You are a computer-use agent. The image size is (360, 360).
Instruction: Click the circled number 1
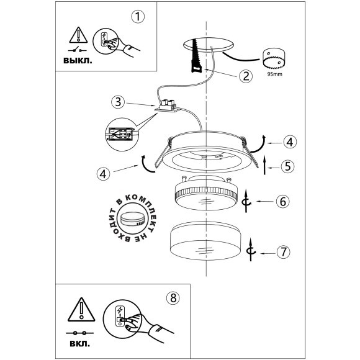click(138, 17)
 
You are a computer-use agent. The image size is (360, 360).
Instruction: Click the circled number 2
click(246, 76)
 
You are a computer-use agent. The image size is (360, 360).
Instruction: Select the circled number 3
click(118, 102)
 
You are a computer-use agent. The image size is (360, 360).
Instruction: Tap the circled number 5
click(287, 166)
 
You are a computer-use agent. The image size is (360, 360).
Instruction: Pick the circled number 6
click(282, 202)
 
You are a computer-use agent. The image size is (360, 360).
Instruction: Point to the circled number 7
click(284, 252)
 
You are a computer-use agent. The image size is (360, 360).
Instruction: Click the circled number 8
click(173, 298)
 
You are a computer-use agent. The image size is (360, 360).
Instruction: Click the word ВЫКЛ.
click(78, 61)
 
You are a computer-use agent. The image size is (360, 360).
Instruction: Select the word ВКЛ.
click(79, 344)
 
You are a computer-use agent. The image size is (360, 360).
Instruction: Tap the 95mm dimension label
click(275, 74)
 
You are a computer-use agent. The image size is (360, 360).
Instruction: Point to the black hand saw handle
click(196, 67)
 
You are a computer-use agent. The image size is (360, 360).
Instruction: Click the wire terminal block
click(167, 106)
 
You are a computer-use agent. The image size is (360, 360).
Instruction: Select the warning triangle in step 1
click(78, 35)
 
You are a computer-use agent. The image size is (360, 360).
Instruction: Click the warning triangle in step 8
click(81, 309)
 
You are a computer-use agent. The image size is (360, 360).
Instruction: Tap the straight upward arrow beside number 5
click(264, 164)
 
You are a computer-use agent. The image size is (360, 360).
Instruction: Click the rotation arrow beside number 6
click(246, 201)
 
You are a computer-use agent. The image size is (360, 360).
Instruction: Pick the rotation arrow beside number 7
click(251, 250)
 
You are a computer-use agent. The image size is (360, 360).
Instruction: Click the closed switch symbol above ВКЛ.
click(79, 333)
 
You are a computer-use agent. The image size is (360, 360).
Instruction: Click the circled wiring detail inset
click(122, 135)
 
